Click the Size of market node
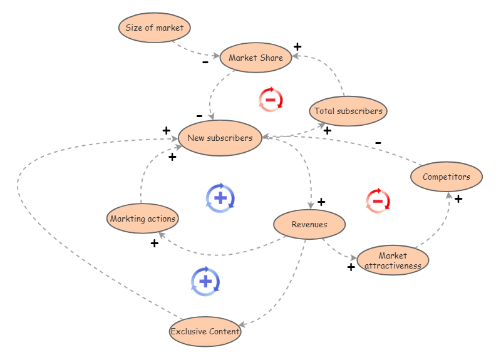click(154, 28)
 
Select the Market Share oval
click(256, 58)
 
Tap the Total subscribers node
click(348, 111)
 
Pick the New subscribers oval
click(220, 138)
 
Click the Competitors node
click(446, 177)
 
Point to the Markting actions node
click(143, 219)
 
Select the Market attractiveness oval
click(393, 260)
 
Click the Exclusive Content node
click(205, 331)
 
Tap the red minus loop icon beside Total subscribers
click(271, 100)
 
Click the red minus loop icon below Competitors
click(378, 200)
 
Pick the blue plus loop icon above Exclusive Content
click(205, 281)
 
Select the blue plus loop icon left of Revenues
click(220, 198)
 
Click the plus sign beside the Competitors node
click(458, 199)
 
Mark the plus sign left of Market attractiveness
click(351, 267)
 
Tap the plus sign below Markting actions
click(154, 244)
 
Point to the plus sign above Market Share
click(297, 46)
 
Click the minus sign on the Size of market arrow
click(205, 63)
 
